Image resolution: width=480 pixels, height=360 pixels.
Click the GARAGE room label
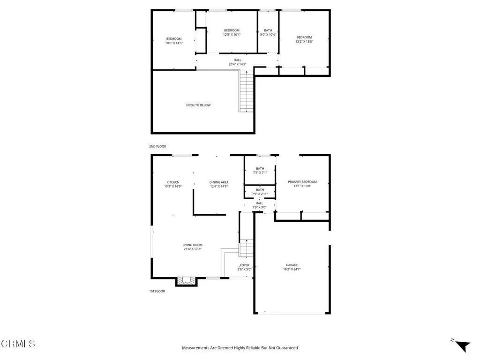[x=292, y=265]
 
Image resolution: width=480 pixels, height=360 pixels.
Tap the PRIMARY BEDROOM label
[x=302, y=182]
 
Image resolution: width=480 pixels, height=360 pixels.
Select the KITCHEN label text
[x=173, y=182]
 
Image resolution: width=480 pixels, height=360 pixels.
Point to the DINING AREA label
[x=219, y=182]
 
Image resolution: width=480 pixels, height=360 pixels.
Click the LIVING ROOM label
[x=192, y=245]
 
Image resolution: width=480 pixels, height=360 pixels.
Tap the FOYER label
[x=245, y=265]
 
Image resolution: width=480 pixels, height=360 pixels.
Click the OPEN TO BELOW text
[x=198, y=105]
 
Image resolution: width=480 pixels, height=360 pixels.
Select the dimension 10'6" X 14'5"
[x=173, y=43]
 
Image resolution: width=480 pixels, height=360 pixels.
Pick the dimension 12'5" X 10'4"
[x=232, y=35]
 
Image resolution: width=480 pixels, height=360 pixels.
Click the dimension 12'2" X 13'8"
[x=304, y=42]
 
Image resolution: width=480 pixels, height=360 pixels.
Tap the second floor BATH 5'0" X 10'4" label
[x=268, y=32]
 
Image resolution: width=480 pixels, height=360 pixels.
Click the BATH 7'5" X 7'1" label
[x=260, y=170]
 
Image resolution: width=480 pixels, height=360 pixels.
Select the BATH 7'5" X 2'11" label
[x=260, y=192]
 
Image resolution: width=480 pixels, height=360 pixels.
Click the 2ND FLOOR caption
[x=157, y=146]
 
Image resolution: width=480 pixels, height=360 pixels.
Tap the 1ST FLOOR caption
[x=157, y=291]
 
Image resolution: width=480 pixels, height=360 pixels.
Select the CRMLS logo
[x=18, y=344]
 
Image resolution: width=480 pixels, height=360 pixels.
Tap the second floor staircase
[x=247, y=91]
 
